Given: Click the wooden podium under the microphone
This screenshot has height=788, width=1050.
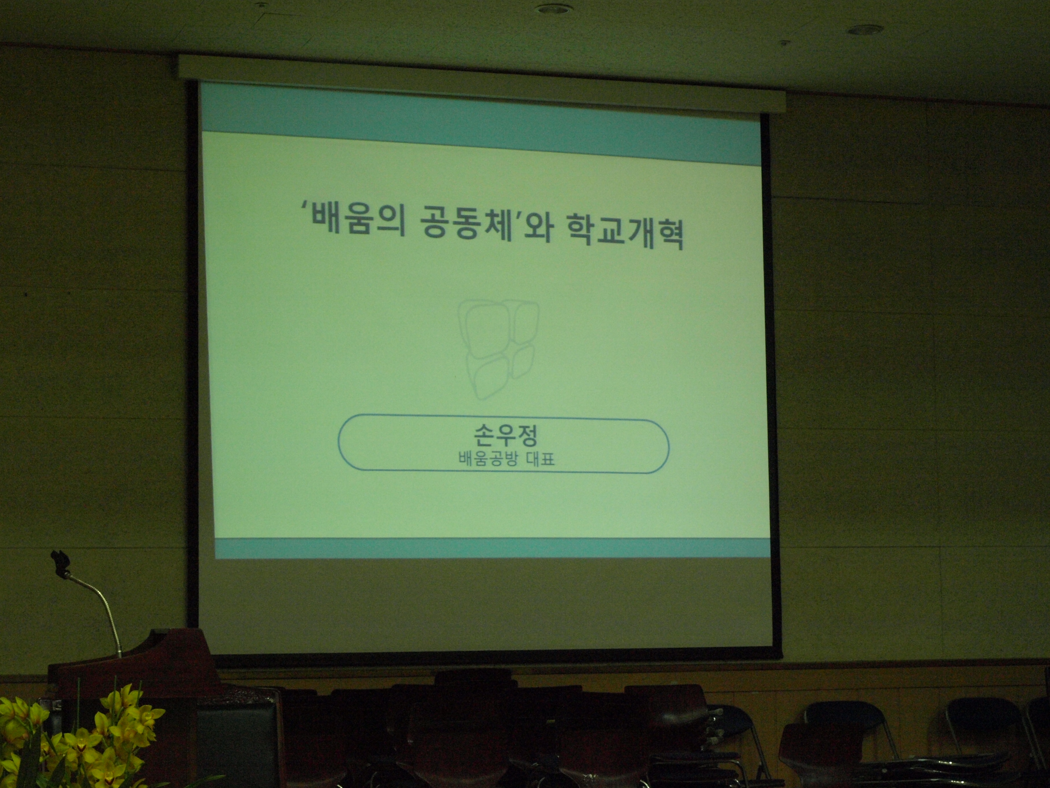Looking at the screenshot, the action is click(x=133, y=665).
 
